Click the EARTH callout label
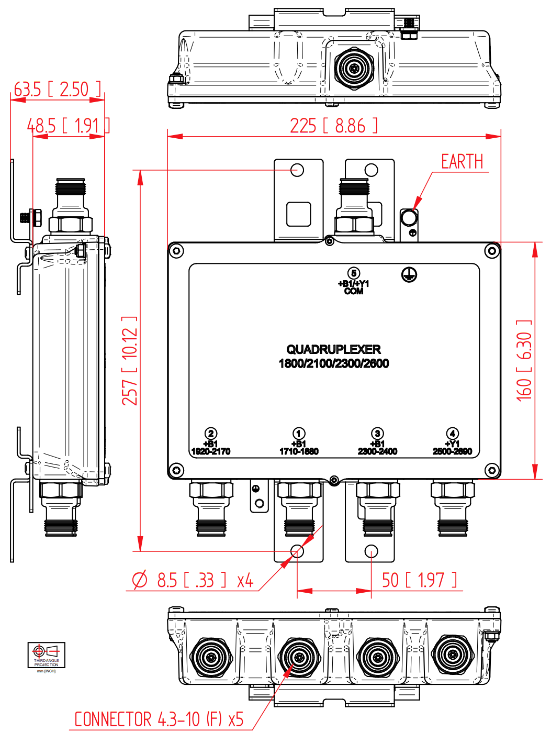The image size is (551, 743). pyautogui.click(x=462, y=162)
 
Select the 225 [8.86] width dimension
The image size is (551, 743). pyautogui.click(x=333, y=126)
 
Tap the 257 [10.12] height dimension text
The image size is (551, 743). pyautogui.click(x=130, y=361)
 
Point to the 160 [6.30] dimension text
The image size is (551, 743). pyautogui.click(x=524, y=361)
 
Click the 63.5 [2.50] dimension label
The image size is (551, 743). pyautogui.click(x=58, y=90)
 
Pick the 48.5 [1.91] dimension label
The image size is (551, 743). pyautogui.click(x=68, y=126)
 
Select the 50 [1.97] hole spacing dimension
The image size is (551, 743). pyautogui.click(x=419, y=580)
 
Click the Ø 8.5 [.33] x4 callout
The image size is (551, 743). pyautogui.click(x=193, y=580)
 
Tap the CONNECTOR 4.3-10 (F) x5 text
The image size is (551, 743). pyautogui.click(x=159, y=719)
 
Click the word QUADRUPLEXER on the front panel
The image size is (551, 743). pyautogui.click(x=333, y=349)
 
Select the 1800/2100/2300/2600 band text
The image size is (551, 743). pyautogui.click(x=333, y=363)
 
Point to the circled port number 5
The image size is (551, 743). pyautogui.click(x=354, y=273)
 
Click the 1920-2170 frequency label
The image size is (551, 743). pyautogui.click(x=211, y=451)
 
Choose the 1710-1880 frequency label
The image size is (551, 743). pyautogui.click(x=299, y=451)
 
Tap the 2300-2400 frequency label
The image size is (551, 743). pyautogui.click(x=377, y=451)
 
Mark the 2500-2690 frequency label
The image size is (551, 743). pyautogui.click(x=452, y=451)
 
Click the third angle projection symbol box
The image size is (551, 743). pyautogui.click(x=47, y=655)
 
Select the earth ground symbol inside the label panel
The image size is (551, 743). pyautogui.click(x=409, y=274)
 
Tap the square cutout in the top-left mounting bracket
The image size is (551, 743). pyautogui.click(x=299, y=214)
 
